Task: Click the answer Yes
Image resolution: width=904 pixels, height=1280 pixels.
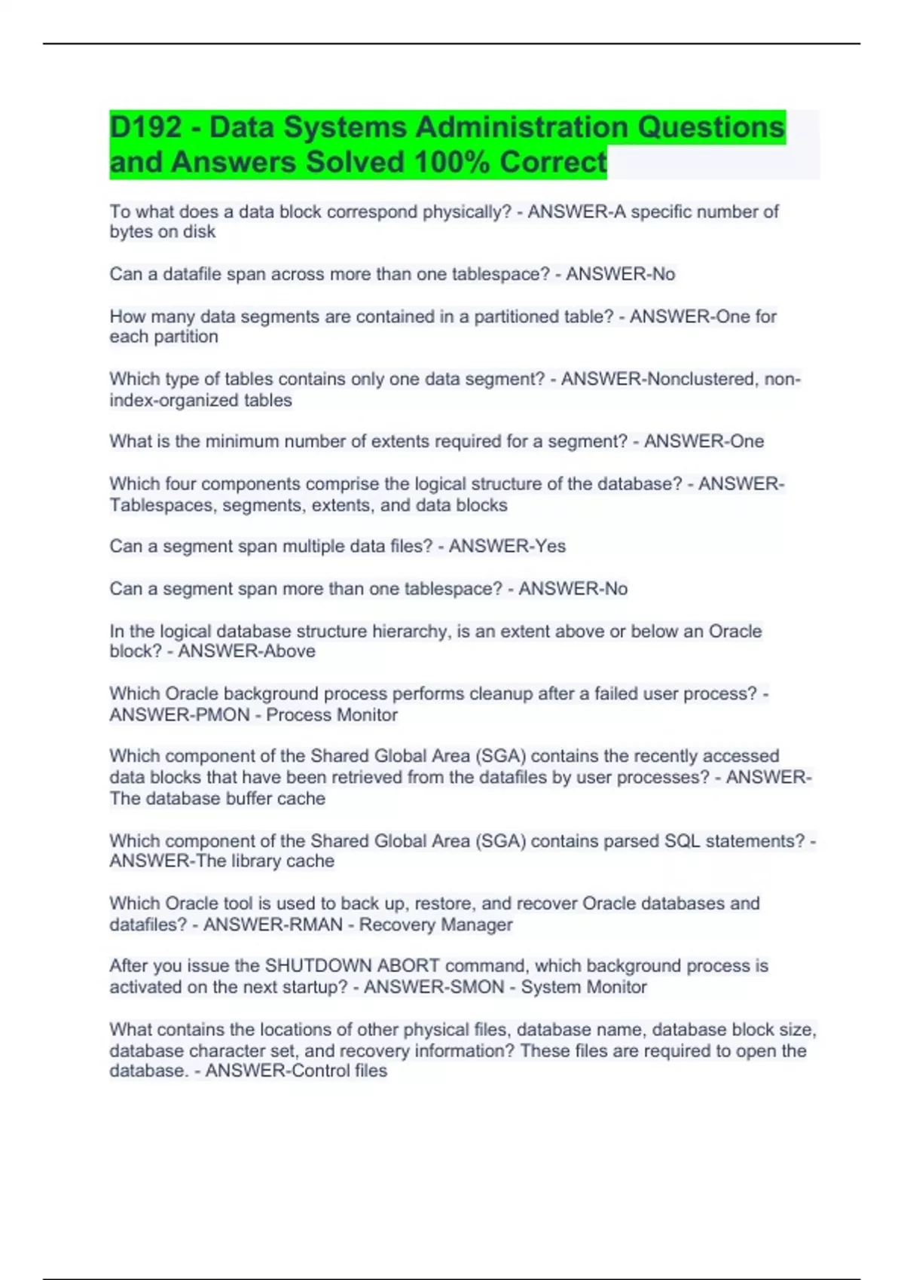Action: [x=550, y=547]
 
